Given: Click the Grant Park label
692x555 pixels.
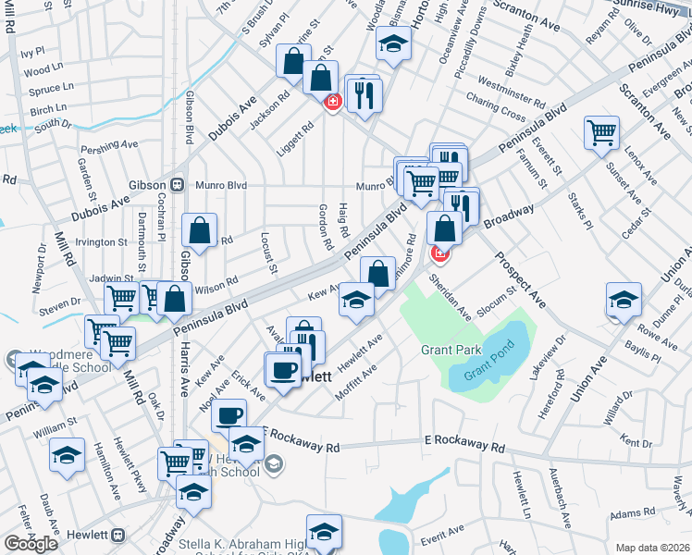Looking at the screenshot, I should (x=451, y=350).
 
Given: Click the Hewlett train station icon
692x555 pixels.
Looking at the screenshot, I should (x=117, y=535).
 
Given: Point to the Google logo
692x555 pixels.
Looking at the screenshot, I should (x=31, y=544).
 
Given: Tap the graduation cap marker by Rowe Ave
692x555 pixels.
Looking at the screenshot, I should (x=624, y=300).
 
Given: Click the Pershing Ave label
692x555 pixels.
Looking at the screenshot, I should (x=109, y=145).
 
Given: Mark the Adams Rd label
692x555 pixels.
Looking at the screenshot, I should (x=632, y=513).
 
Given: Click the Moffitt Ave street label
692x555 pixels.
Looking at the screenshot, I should (x=356, y=378).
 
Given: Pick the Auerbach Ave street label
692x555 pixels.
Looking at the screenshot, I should (x=564, y=496).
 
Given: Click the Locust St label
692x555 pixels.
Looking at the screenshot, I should (x=268, y=253).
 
